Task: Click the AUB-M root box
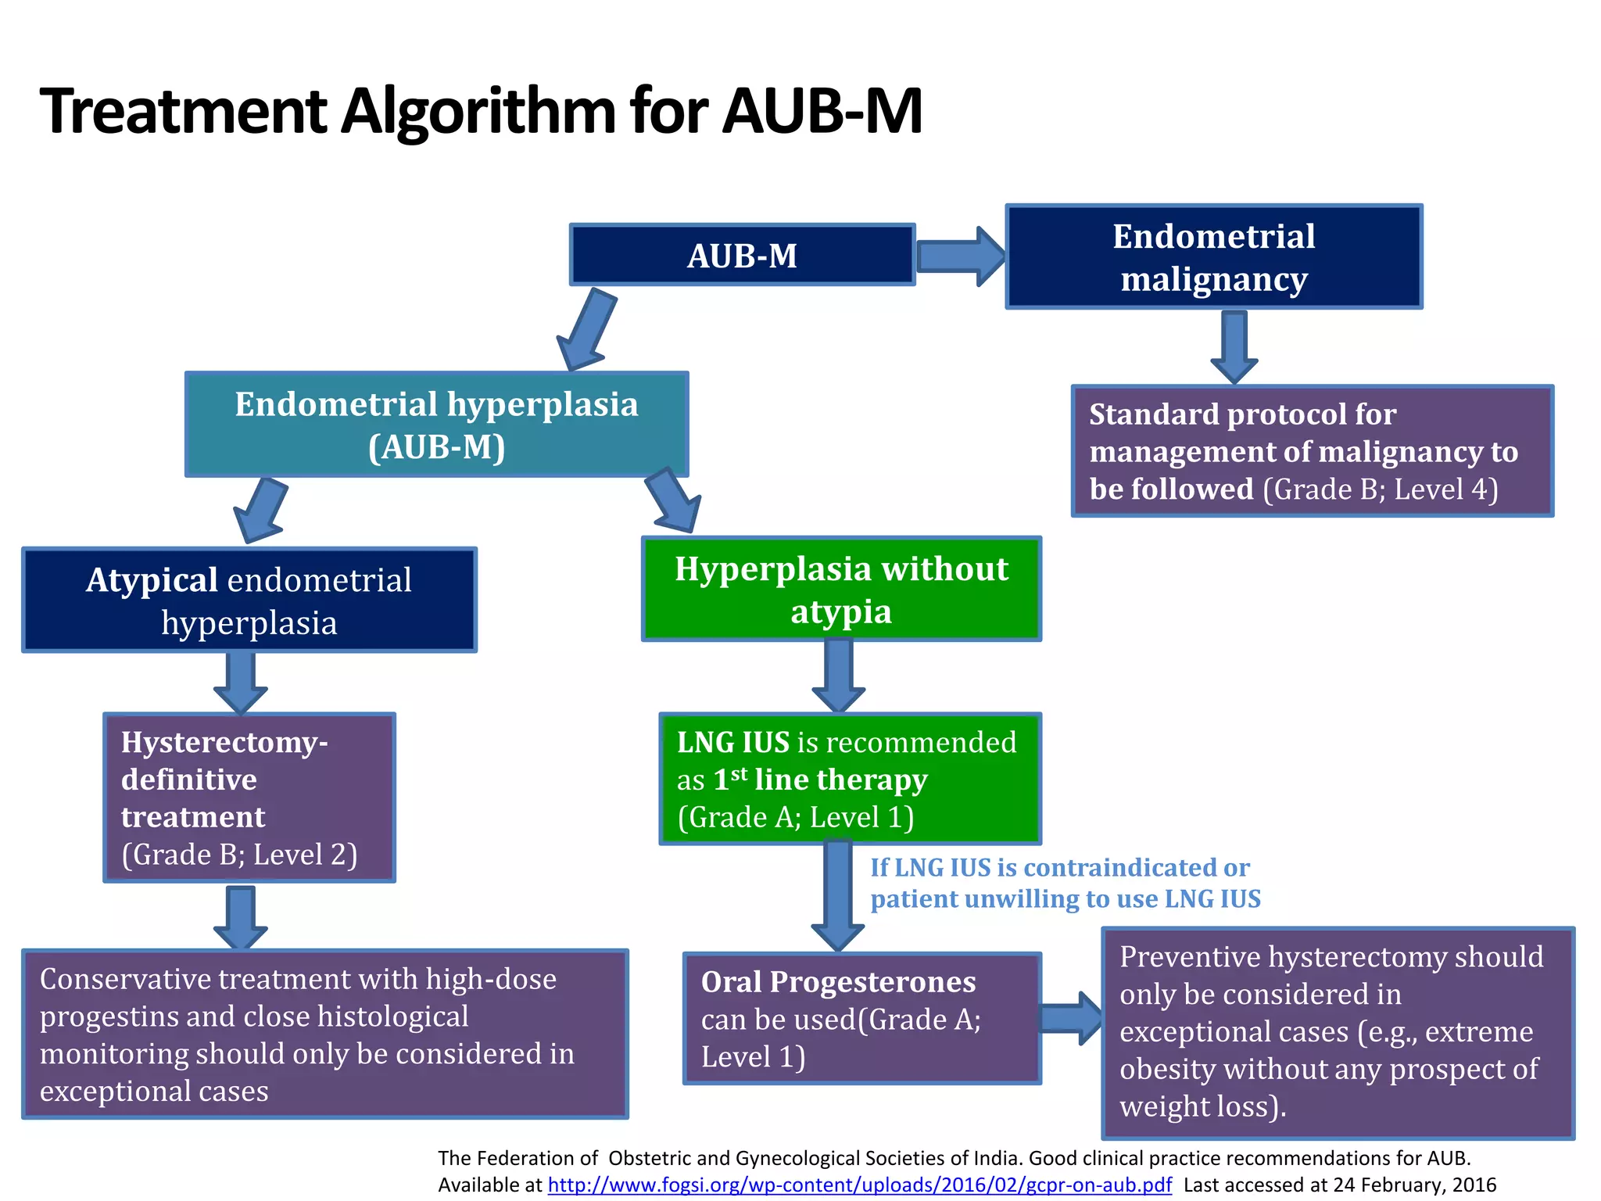coord(742,255)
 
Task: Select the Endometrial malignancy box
coord(1213,257)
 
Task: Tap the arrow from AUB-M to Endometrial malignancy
coord(960,256)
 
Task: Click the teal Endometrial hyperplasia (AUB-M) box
coord(436,425)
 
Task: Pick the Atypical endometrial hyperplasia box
coord(249,600)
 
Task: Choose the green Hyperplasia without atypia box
coord(841,590)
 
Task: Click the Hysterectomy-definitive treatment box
coord(249,798)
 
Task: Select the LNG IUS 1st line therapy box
coord(850,779)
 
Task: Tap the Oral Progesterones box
coord(861,1018)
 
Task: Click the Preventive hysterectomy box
coord(1338,1032)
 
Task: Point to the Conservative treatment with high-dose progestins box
coord(324,1034)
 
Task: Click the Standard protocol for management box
coord(1312,451)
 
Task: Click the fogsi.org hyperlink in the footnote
coord(859,1185)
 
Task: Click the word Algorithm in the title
coord(478,111)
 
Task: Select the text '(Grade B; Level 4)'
coord(1381,489)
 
